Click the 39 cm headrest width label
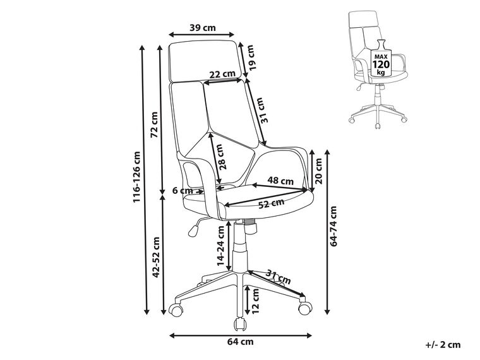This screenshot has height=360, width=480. [203, 27]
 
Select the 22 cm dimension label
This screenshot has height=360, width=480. [222, 74]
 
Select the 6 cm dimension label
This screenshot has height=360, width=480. [183, 191]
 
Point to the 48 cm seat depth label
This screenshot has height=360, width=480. [282, 181]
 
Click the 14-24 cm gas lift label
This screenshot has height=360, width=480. [220, 252]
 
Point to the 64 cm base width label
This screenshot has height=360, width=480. [242, 342]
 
